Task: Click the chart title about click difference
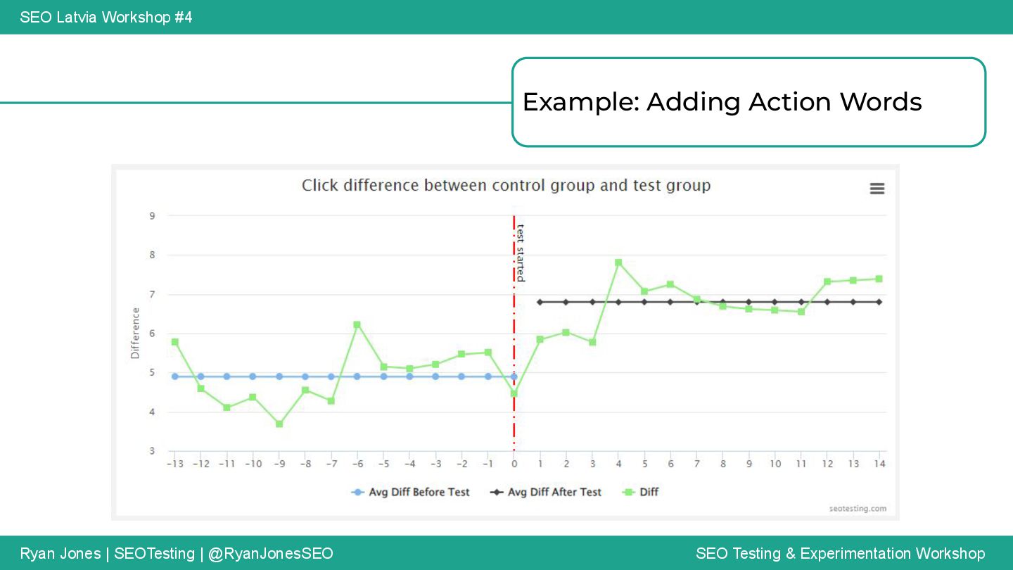pos(506,186)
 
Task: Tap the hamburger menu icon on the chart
pos(877,189)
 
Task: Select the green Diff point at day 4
pos(618,262)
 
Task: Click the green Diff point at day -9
pos(279,424)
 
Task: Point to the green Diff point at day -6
pos(357,324)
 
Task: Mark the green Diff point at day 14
pos(879,279)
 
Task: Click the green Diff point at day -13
pos(175,342)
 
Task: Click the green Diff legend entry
pos(641,493)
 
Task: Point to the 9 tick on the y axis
pos(152,216)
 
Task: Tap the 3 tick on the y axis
pos(152,450)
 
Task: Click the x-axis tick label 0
pos(514,464)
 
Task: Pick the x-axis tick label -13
pos(174,464)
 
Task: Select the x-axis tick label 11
pos(801,464)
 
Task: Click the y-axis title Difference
pos(135,334)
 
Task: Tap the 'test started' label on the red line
pos(521,253)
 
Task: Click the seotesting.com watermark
pos(858,508)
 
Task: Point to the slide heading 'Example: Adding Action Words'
pos(722,102)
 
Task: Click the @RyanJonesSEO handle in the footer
pos(271,554)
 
